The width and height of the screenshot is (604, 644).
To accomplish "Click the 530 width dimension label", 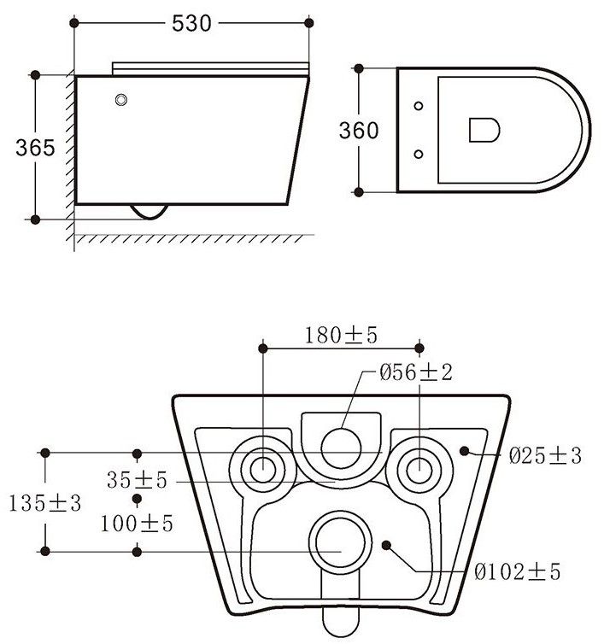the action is coord(191,23).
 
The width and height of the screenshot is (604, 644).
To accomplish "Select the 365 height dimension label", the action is coord(35,148).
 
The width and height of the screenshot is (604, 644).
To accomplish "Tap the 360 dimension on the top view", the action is coord(359,131).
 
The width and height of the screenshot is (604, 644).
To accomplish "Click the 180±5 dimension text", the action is coord(341,335).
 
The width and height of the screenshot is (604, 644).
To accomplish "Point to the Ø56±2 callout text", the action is coord(416,372).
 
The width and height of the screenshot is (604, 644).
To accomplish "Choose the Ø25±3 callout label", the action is coord(545,455).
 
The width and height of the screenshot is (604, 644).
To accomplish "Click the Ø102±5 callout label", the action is coord(518,571).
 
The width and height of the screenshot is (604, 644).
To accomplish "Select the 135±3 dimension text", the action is coord(44,503).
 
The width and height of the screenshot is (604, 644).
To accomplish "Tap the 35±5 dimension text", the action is coord(137,480).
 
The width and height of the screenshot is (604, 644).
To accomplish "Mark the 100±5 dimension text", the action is coord(137,524).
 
